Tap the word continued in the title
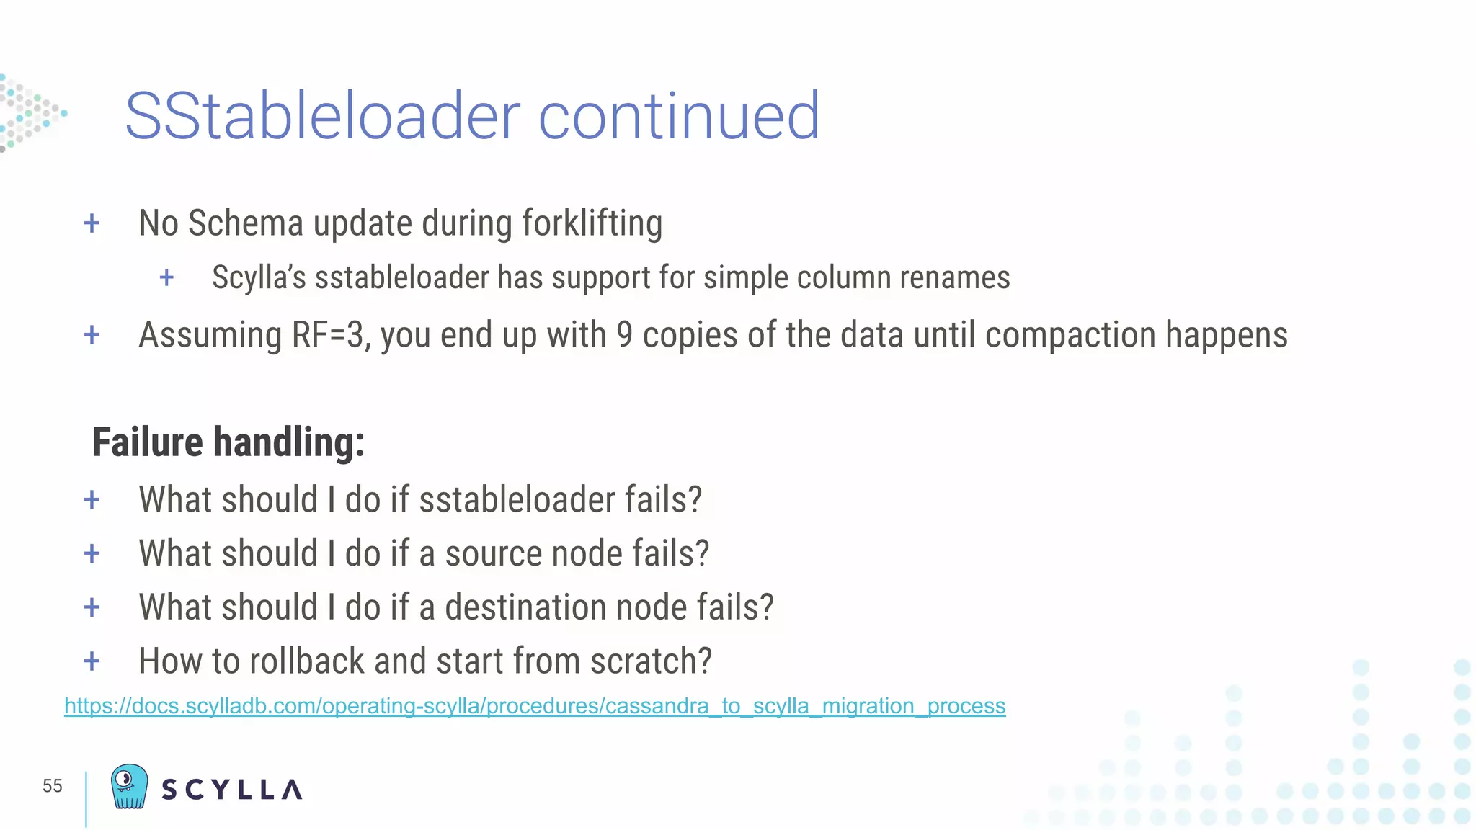[x=678, y=116]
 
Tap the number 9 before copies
[x=624, y=336]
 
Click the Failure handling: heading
[x=228, y=442]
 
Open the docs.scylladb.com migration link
[x=535, y=706]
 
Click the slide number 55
[x=53, y=786]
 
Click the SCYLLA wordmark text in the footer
[x=232, y=790]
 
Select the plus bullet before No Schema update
[x=92, y=223]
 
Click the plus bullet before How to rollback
[x=92, y=661]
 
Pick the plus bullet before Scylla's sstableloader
[x=166, y=278]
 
